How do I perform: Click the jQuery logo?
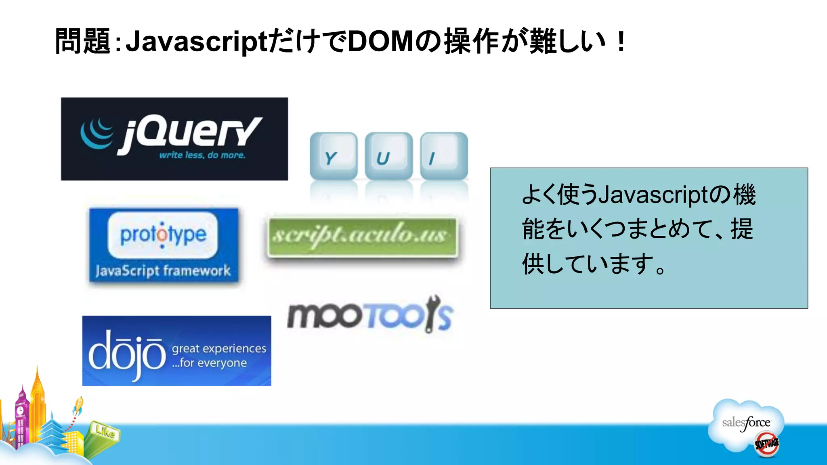(x=174, y=138)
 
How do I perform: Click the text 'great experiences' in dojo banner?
(x=219, y=348)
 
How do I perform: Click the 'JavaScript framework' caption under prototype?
(x=163, y=270)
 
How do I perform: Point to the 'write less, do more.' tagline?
(x=202, y=155)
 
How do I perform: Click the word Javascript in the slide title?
(x=196, y=41)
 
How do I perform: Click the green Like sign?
(x=105, y=431)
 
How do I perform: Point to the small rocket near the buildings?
(x=78, y=406)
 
